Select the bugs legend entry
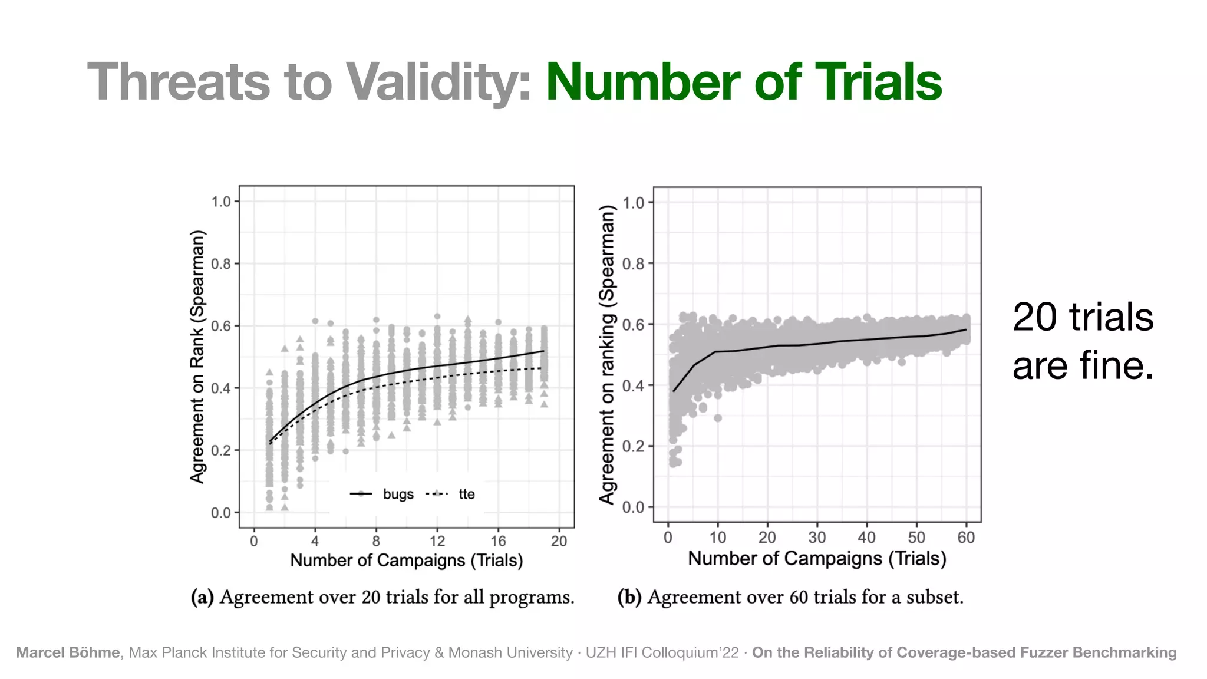[398, 494]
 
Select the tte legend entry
[466, 494]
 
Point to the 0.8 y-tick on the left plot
[222, 263]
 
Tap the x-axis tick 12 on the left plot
[437, 540]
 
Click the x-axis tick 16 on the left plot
[498, 540]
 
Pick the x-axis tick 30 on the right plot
[817, 537]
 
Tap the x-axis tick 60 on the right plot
[966, 537]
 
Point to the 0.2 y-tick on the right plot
[633, 446]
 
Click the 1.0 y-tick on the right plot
[633, 203]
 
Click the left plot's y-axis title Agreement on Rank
[197, 357]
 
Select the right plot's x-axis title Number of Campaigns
[817, 558]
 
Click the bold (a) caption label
[202, 597]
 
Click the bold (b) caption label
[629, 597]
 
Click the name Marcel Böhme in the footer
[68, 652]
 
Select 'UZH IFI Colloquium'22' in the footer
[661, 652]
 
